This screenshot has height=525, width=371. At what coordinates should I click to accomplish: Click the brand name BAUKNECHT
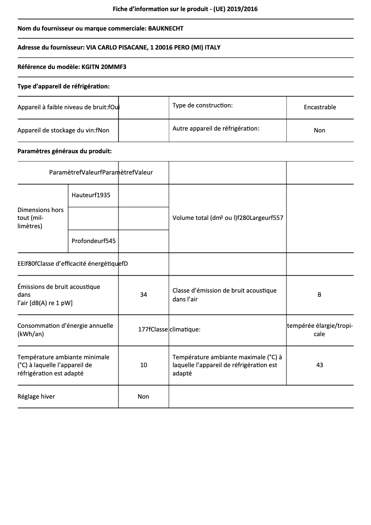coord(165,29)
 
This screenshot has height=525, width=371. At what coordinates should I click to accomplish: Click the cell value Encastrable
coord(320,107)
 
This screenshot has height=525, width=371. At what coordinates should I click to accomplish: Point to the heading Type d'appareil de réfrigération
coord(63,86)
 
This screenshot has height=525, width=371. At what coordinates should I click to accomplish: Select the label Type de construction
coord(202,106)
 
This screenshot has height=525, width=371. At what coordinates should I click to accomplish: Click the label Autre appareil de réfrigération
coord(216,128)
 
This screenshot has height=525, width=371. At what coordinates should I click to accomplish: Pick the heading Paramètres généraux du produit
coord(64,151)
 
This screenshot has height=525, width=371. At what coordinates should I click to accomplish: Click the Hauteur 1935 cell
coord(91,195)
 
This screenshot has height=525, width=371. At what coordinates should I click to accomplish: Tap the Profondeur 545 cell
coord(93,241)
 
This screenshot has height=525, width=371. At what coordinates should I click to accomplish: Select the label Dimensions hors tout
coord(41,218)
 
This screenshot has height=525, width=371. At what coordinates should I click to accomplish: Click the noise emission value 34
coord(143,294)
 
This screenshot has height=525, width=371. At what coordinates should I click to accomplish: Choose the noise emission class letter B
coord(320,294)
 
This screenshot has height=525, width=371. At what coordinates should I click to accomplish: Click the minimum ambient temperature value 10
coord(143,365)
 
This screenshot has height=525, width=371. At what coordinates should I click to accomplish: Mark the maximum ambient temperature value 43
coord(320,365)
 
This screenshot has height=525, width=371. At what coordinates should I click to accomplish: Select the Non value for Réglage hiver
coord(143,396)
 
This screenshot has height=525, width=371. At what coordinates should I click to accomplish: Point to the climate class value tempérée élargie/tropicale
coord(320,330)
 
